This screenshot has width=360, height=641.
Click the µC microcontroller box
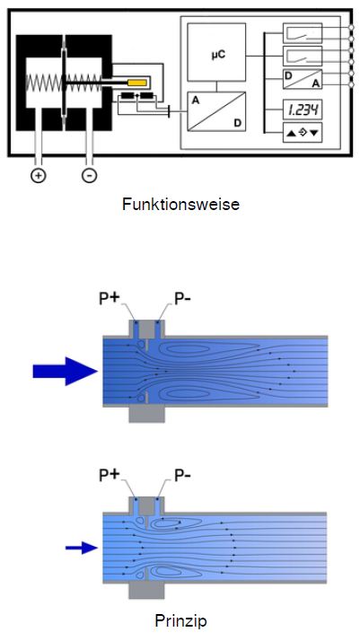[x=216, y=52]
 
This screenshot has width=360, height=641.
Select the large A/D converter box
[x=216, y=111]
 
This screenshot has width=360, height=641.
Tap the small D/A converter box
[x=303, y=78]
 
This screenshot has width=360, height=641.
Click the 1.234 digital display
[x=303, y=110]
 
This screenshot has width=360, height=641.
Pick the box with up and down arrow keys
[x=303, y=133]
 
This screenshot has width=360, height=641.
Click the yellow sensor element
[x=137, y=83]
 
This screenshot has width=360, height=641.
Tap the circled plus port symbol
[x=38, y=175]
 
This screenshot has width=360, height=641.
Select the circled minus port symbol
[x=89, y=175]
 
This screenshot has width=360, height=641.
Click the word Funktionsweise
[x=180, y=204]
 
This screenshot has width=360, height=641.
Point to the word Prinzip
[x=180, y=621]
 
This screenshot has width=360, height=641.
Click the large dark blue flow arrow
[x=66, y=371]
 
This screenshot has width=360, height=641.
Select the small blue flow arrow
[x=82, y=548]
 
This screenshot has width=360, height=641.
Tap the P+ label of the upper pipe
[x=109, y=299]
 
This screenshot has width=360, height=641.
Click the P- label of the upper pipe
[x=182, y=299]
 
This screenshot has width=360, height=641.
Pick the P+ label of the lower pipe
[x=109, y=475]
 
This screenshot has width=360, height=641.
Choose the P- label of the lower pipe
[x=182, y=475]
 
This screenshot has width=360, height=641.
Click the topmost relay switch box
[x=303, y=33]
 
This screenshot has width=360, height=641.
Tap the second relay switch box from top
[x=303, y=56]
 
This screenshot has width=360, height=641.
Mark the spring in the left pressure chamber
[x=44, y=83]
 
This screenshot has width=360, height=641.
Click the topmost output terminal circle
[x=351, y=28]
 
